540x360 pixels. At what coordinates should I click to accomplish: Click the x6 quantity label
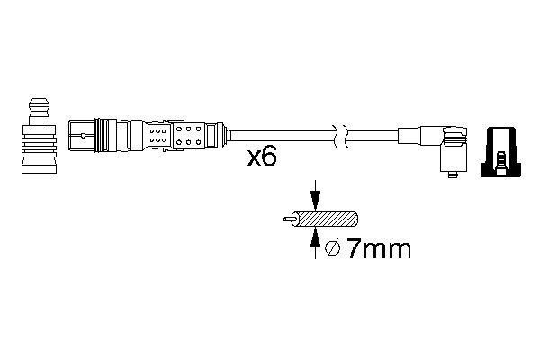[262, 157]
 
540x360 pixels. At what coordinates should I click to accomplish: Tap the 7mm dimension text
[379, 248]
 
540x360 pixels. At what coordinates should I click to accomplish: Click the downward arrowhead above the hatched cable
[315, 201]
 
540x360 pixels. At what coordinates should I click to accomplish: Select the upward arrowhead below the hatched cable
[315, 238]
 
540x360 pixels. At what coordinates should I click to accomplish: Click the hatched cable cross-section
[326, 219]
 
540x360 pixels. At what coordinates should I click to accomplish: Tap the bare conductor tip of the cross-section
[289, 219]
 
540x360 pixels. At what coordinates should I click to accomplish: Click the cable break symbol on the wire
[341, 136]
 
